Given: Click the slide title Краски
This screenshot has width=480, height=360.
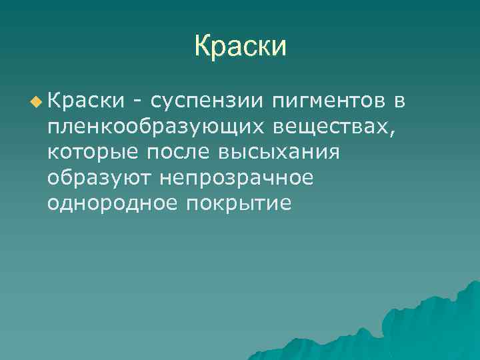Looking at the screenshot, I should pos(240,47).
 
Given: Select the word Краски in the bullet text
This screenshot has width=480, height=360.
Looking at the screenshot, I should pos(85,101).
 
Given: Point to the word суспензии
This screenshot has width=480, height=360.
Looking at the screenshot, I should pos(208,102).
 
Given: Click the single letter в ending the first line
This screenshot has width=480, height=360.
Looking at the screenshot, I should pos(399,102).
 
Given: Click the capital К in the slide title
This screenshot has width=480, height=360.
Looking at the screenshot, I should pos(203,47).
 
